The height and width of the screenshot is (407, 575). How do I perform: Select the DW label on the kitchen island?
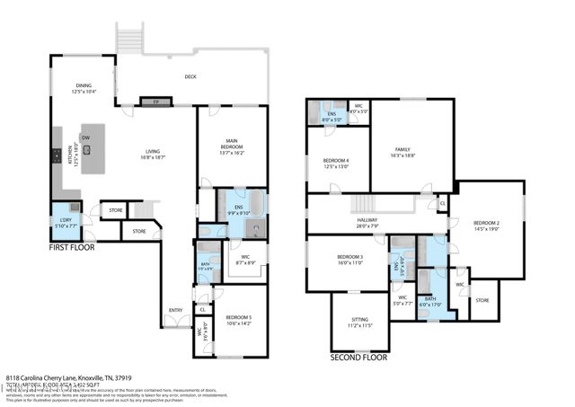(x=86, y=137)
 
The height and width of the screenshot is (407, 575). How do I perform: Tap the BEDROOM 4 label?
(x=336, y=163)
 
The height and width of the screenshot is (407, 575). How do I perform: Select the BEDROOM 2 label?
(x=486, y=225)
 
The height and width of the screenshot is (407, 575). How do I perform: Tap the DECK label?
(x=190, y=77)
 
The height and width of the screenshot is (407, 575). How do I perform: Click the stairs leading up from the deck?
(x=130, y=39)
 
